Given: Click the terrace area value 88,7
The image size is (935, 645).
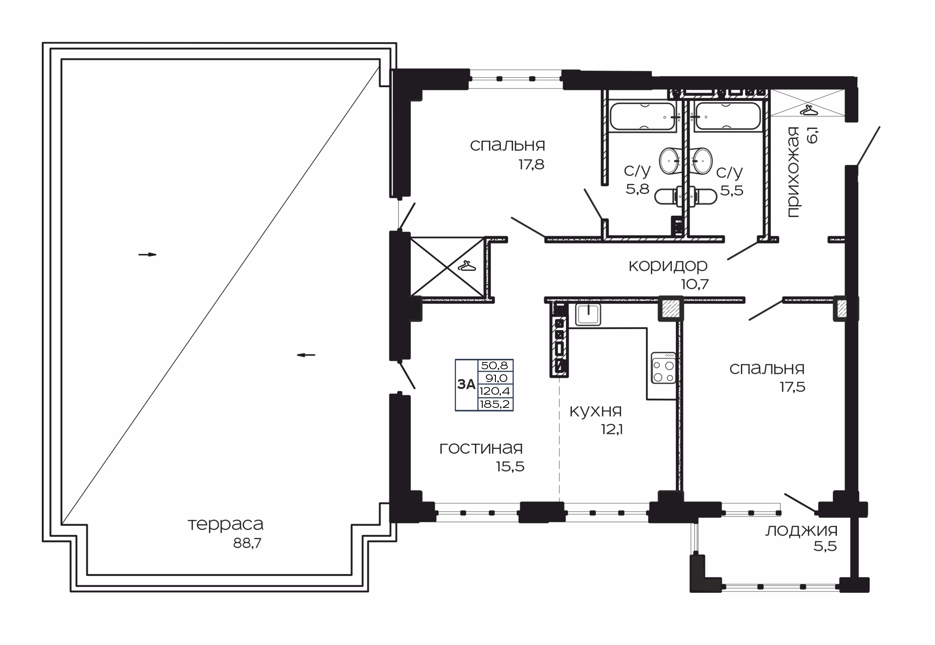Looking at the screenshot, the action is click(247, 543).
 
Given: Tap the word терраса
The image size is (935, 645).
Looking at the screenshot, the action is click(225, 525).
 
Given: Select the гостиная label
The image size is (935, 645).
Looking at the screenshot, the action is click(481, 448).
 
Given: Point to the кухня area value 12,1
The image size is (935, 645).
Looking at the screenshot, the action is click(612, 429).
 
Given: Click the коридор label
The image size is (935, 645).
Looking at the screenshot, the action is click(668, 266).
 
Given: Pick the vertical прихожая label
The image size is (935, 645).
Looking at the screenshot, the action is click(793, 172).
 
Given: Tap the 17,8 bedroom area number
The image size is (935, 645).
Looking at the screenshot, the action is click(531, 164).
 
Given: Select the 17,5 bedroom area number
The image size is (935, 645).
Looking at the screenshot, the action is click(792, 387).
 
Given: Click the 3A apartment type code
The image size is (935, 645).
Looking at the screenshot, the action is click(466, 385).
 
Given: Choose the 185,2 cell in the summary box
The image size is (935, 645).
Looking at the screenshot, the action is click(495, 404).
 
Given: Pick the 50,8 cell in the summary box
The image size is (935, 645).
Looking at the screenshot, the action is click(496, 365).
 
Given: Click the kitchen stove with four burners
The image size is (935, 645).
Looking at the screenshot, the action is click(664, 368).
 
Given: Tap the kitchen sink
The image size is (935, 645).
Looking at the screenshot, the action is click(588, 314).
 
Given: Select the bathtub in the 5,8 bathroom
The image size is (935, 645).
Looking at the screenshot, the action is click(643, 117).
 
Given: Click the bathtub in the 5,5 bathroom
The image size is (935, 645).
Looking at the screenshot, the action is click(728, 116).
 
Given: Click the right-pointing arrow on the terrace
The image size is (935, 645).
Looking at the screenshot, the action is click(147, 254).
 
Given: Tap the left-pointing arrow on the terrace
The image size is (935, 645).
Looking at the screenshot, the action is click(306, 355).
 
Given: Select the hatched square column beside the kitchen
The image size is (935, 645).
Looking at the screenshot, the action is click(670, 309).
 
